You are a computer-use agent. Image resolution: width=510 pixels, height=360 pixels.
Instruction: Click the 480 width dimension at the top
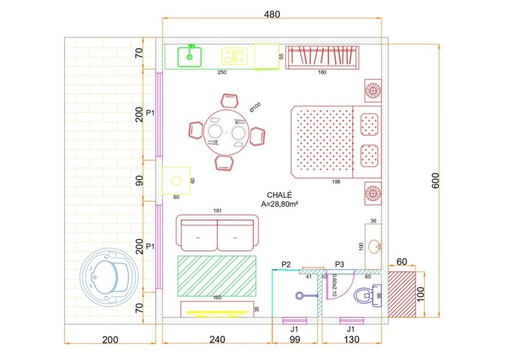click(271, 14)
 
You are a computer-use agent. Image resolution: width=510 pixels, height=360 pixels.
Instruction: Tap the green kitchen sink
click(189, 57)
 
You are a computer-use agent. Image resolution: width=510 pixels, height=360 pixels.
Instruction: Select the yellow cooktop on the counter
click(234, 56)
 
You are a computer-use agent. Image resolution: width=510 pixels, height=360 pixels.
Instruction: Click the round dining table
click(227, 132)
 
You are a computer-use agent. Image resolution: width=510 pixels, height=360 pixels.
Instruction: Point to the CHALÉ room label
click(279, 195)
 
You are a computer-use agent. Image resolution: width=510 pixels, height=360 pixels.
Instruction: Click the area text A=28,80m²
click(280, 204)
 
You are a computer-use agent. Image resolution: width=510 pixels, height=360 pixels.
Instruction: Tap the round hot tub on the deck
click(109, 277)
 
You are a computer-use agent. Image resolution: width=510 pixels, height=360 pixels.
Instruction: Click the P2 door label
click(286, 265)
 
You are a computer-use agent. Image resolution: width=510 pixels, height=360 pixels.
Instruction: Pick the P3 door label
click(339, 265)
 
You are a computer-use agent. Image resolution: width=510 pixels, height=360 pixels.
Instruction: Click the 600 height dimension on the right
click(435, 180)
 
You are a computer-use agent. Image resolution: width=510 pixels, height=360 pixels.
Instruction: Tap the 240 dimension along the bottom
click(217, 340)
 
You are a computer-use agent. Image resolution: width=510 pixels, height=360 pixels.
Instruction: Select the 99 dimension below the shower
click(295, 340)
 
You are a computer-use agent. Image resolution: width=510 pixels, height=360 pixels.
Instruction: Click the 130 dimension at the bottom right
click(351, 340)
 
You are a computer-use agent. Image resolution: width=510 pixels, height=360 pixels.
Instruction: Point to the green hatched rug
click(217, 276)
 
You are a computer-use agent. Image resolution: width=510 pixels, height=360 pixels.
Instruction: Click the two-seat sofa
click(217, 233)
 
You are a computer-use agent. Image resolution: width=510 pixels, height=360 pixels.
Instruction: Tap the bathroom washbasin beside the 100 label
click(375, 246)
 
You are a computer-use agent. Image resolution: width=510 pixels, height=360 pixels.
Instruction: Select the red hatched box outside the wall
click(402, 294)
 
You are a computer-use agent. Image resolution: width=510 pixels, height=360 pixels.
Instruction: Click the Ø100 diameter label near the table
click(255, 108)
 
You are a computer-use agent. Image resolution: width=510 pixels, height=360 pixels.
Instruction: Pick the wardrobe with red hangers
click(322, 57)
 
